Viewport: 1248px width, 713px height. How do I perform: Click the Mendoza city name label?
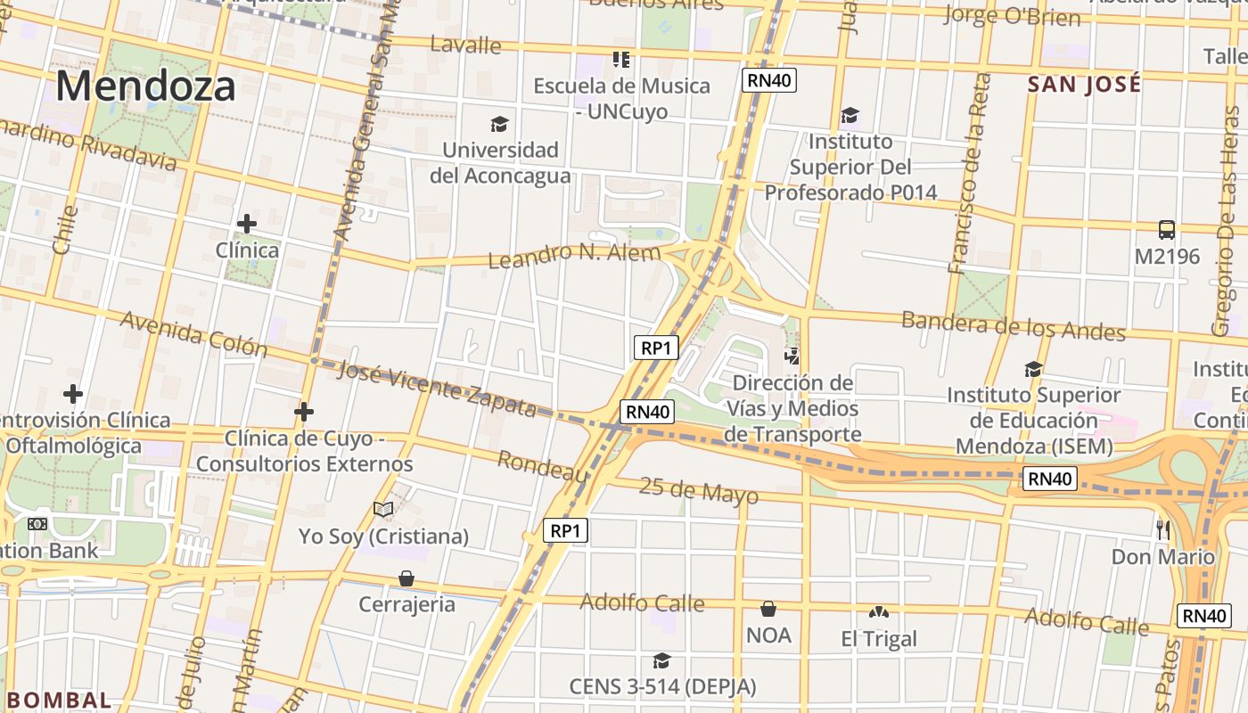[146, 86]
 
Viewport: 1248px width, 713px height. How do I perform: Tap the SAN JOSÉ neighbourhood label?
[1084, 85]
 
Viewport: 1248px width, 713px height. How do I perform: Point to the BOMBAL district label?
[56, 700]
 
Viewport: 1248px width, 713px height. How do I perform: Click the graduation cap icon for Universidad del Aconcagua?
[499, 124]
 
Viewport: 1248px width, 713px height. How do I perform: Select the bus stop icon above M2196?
[1166, 230]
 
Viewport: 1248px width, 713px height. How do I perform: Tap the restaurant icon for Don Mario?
[1162, 529]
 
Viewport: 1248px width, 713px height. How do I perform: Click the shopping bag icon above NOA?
[768, 609]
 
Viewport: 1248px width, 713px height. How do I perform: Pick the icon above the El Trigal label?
[878, 612]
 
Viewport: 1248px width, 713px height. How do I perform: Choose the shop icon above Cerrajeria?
[406, 578]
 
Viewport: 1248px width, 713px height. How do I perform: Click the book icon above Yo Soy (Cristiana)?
[383, 509]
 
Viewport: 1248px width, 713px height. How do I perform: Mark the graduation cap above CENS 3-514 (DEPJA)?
[661, 660]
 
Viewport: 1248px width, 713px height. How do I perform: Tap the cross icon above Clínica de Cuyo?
[304, 412]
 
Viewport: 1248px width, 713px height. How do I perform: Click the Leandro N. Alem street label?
[574, 255]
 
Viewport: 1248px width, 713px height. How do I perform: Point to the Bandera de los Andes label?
[1013, 325]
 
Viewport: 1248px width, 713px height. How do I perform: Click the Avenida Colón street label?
[193, 333]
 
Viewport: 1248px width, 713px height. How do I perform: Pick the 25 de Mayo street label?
[699, 490]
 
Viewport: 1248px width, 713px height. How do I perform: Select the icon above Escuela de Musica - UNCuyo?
[621, 60]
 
